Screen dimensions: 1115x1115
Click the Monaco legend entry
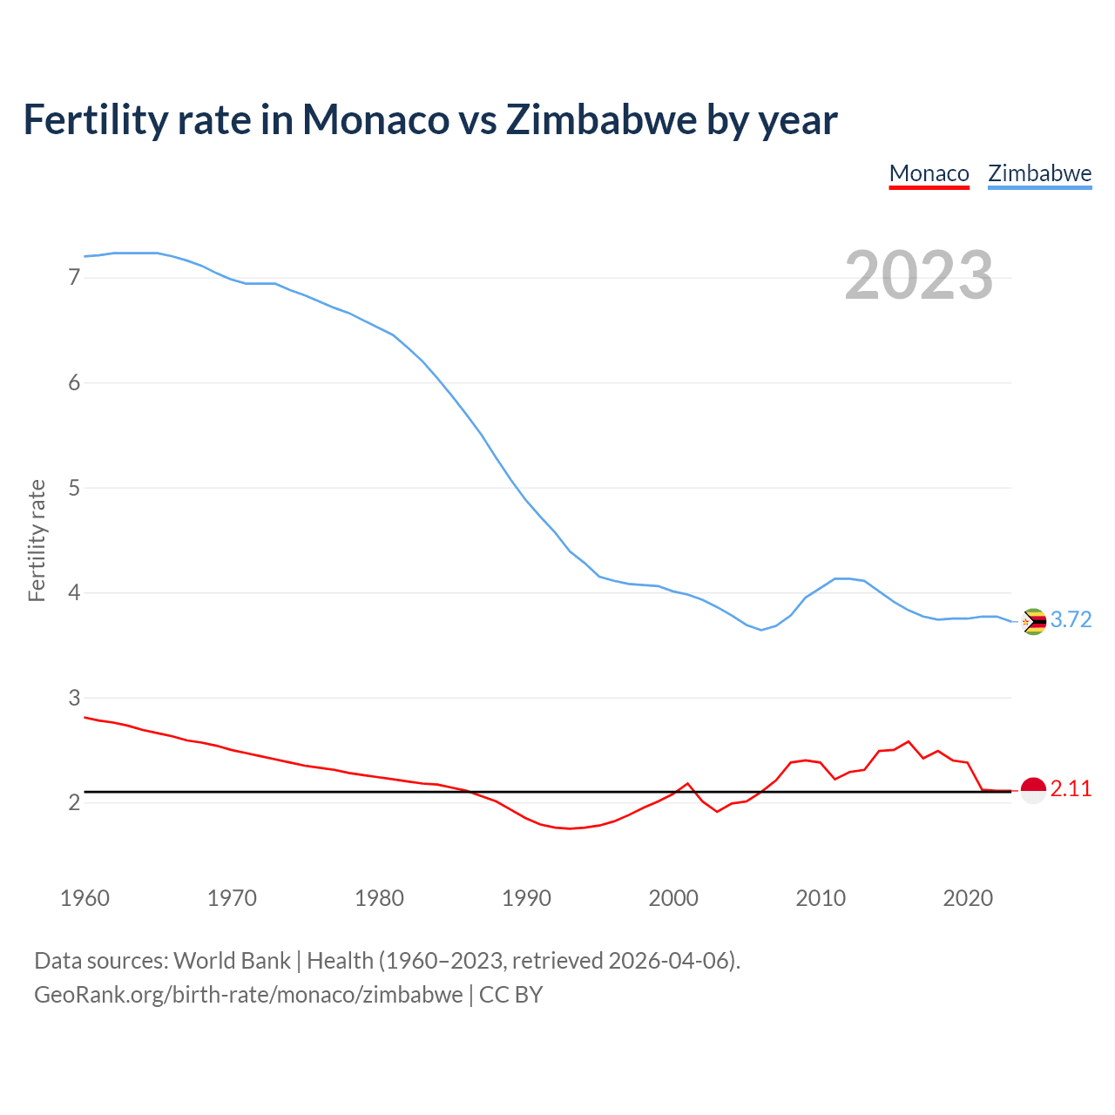(x=929, y=173)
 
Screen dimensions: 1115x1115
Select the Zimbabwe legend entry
(x=1039, y=173)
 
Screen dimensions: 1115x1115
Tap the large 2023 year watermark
(x=918, y=275)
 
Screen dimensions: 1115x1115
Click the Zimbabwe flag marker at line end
(x=1033, y=621)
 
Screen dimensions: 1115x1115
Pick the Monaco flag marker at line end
(x=1033, y=790)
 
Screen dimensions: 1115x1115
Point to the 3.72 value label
(x=1071, y=619)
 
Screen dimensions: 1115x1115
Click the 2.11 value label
(x=1071, y=788)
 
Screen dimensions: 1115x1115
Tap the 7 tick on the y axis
(x=74, y=278)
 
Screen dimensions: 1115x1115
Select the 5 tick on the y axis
(x=74, y=488)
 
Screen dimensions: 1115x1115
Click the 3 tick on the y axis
(x=74, y=698)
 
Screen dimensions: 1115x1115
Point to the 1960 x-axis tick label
(x=84, y=898)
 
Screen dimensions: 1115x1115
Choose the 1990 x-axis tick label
(x=526, y=898)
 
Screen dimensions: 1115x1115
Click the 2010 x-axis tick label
(x=821, y=898)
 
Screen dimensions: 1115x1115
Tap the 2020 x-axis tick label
(x=968, y=898)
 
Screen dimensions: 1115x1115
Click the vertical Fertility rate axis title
(x=37, y=540)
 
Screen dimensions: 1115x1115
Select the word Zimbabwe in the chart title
(x=601, y=119)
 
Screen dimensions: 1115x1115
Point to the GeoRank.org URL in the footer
(x=248, y=995)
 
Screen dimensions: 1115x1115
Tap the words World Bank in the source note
(x=232, y=961)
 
